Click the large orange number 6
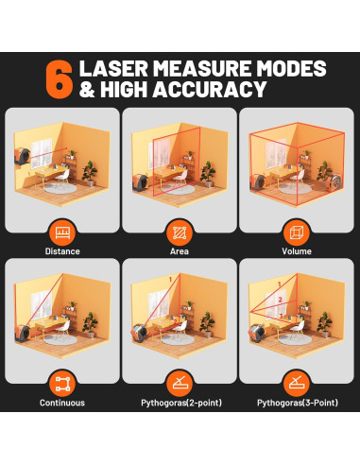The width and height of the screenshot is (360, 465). [x=60, y=79]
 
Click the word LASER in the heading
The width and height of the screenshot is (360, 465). [x=113, y=68]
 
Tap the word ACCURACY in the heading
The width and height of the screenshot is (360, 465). [x=210, y=89]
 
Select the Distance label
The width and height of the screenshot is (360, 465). [x=62, y=251]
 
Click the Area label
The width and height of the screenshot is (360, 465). [x=180, y=251]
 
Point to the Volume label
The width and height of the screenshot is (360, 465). [x=297, y=251]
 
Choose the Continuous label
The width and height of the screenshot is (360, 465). [x=62, y=403]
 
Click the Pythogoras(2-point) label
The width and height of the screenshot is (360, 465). [x=181, y=403]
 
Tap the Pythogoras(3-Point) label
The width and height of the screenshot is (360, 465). [x=298, y=403]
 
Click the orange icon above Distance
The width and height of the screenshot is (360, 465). [x=62, y=233]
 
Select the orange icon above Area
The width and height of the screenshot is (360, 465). [x=180, y=233]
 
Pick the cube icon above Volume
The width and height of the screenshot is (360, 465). [x=297, y=233]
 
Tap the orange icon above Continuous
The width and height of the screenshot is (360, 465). [x=62, y=384]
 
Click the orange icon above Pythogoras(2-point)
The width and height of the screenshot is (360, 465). [x=180, y=384]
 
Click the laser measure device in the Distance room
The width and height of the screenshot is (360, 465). [x=22, y=156]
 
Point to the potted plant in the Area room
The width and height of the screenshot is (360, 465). [x=208, y=174]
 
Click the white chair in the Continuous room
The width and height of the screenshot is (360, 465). [x=62, y=330]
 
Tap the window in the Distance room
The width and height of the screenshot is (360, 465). [x=41, y=152]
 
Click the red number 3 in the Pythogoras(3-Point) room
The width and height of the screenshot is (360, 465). [x=281, y=316]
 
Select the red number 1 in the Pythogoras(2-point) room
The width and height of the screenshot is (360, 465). [x=170, y=280]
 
